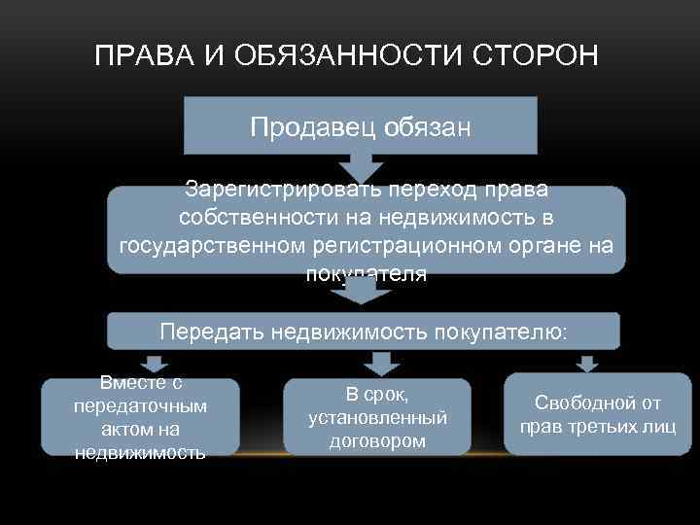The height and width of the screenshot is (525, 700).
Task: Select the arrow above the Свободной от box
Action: coord(585,363)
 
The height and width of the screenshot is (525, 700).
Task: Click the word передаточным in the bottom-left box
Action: coord(140,406)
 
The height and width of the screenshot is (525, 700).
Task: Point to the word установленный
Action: coord(377,418)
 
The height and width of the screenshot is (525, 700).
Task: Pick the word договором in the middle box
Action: coord(377,440)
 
